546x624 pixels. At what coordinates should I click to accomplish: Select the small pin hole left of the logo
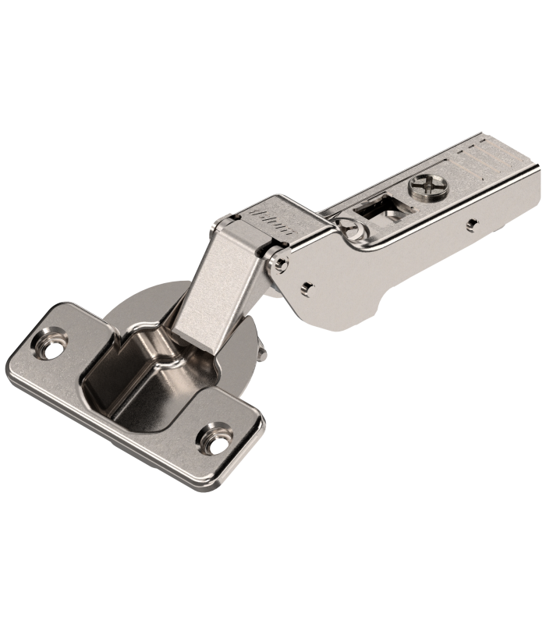point(234,215)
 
